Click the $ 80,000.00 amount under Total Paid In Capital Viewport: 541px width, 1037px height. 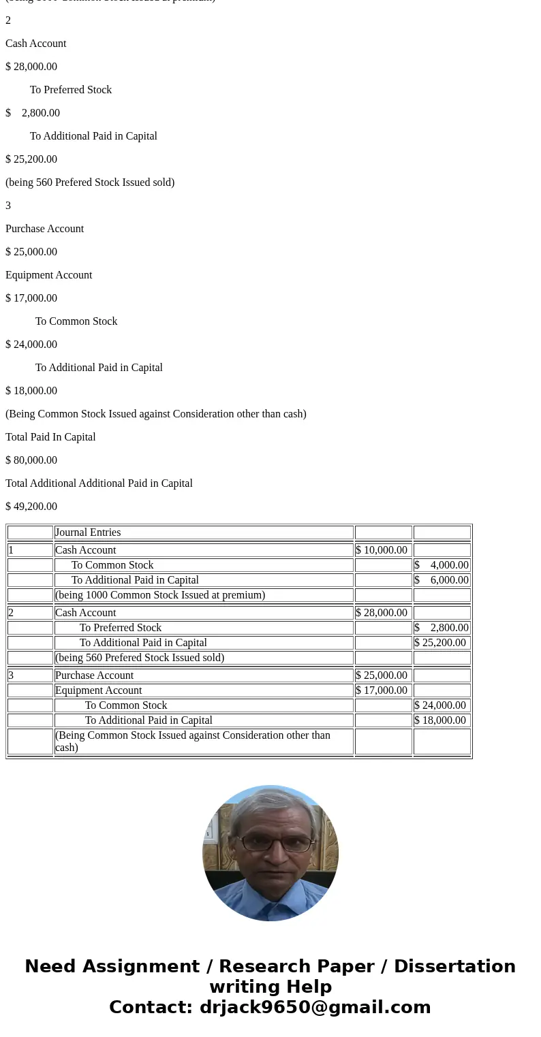pyautogui.click(x=31, y=460)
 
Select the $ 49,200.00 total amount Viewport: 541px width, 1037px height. pyautogui.click(x=31, y=507)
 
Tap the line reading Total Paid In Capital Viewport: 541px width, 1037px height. pyautogui.click(x=50, y=437)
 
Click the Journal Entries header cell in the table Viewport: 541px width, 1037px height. pyautogui.click(x=88, y=532)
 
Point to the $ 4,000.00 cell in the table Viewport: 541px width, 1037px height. pyautogui.click(x=442, y=565)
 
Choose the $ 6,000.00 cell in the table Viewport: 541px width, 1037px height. pyautogui.click(x=442, y=580)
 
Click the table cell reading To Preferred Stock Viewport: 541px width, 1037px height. pyautogui.click(x=121, y=628)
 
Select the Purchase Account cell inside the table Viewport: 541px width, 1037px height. pyautogui.click(x=94, y=675)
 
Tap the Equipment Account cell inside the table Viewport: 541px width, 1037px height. pyautogui.click(x=98, y=690)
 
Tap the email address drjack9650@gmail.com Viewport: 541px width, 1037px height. pyautogui.click(x=315, y=1008)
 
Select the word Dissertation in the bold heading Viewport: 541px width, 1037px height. pyautogui.click(x=454, y=967)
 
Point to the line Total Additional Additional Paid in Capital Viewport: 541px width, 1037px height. pyautogui.click(x=99, y=483)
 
